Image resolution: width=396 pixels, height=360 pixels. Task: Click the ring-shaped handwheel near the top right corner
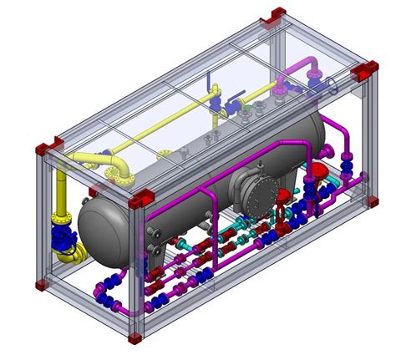tap(334, 84)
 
